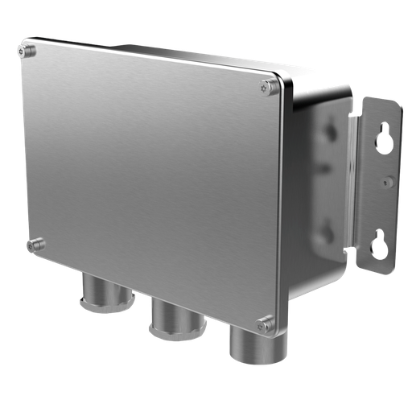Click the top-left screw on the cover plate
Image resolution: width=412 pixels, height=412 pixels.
click(27, 51)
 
